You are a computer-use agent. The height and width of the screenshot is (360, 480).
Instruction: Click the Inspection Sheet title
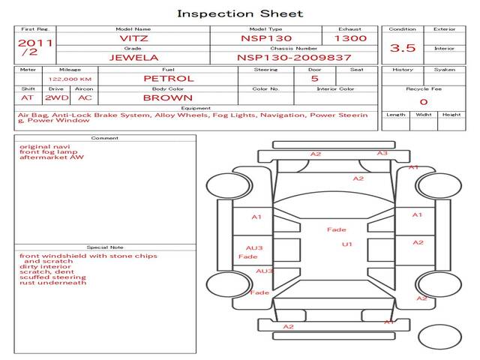coord(240,13)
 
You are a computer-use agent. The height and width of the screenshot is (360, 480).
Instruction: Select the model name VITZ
coord(133,37)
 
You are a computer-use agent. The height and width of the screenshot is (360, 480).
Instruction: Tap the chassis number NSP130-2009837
coord(294,57)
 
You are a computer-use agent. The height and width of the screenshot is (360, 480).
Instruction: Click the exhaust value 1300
coord(350,37)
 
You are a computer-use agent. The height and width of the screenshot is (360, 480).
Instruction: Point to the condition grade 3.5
coord(403,48)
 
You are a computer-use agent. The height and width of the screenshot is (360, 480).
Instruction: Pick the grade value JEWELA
coord(133,57)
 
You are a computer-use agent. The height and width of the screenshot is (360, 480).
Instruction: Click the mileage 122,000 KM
coord(70,78)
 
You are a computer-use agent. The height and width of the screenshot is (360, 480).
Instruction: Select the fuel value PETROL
coord(168,78)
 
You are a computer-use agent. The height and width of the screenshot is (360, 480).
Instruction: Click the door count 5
coord(314,78)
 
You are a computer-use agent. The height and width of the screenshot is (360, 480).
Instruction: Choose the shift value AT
coord(28,97)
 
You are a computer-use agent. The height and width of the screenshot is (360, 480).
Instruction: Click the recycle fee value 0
coord(423,101)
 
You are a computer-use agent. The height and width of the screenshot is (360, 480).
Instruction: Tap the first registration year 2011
coord(35,43)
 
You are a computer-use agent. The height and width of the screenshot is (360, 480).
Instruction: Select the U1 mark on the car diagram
coord(347,244)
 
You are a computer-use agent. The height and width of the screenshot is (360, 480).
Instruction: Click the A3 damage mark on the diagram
coord(382,153)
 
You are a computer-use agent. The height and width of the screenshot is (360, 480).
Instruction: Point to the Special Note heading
coord(105,247)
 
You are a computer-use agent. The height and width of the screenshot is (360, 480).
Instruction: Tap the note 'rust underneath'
coord(53,282)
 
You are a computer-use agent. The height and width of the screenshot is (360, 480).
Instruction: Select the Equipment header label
coord(194,107)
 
